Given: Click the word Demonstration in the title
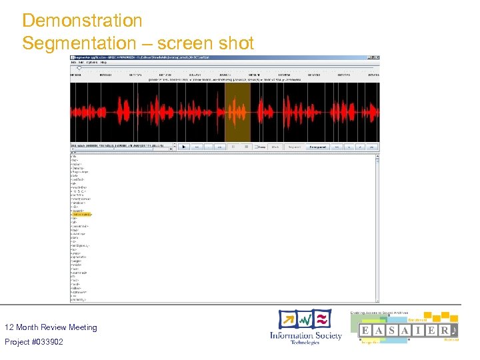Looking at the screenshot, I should click(82, 21).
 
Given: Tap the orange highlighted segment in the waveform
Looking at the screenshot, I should click(237, 112).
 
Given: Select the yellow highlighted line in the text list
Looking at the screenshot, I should click(81, 215).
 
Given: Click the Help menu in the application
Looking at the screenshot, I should click(103, 62).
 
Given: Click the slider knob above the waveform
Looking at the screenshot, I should click(79, 68).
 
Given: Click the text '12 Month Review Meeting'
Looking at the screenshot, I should click(51, 327).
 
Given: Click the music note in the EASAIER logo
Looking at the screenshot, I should click(453, 331).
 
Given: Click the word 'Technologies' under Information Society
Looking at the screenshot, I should click(305, 343).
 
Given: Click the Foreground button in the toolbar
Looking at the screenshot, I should click(317, 147).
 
